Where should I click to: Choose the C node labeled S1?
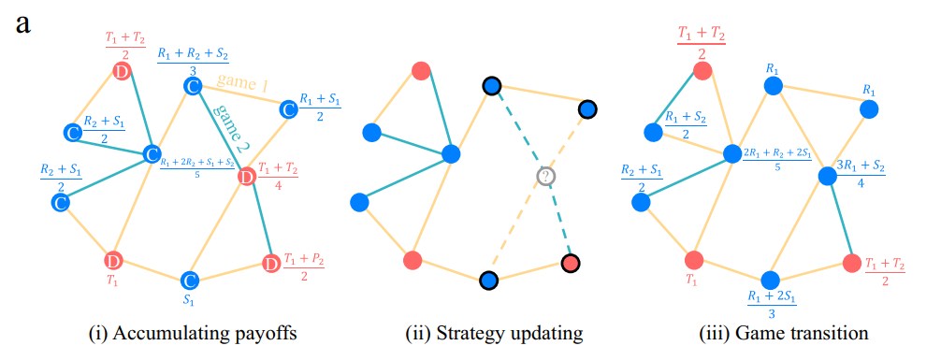[190, 281]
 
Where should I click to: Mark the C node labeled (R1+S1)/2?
[289, 110]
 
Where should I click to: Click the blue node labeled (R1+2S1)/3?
[770, 281]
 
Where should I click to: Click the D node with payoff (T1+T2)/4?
[247, 176]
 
